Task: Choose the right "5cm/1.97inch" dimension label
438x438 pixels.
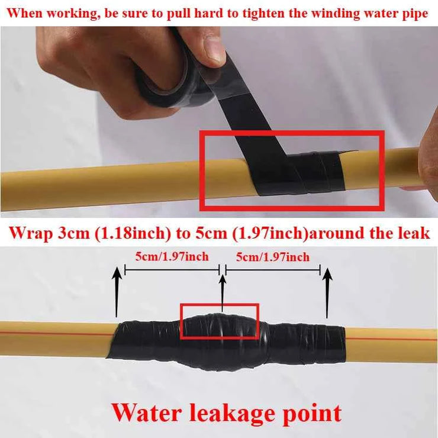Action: point(272,257)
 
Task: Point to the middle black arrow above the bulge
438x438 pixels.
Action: point(223,290)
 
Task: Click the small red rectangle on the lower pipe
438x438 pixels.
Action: point(220,321)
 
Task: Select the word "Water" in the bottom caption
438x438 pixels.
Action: point(148,413)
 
